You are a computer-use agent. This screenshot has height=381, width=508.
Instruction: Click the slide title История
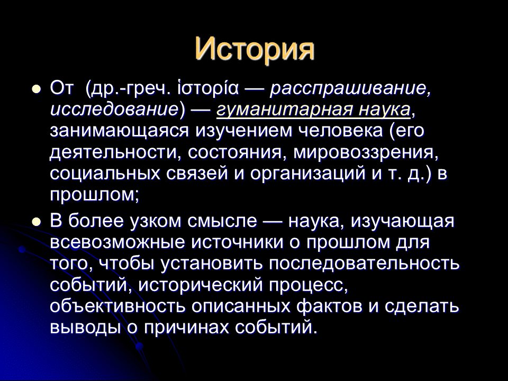click(255, 50)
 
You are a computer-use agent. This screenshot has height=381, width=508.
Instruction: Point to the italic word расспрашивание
click(350, 89)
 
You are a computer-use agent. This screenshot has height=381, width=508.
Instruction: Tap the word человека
click(340, 131)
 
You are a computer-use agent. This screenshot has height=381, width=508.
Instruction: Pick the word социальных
click(105, 174)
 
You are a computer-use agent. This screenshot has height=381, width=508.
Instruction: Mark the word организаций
click(307, 174)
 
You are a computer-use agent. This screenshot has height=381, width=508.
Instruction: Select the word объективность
click(117, 306)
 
